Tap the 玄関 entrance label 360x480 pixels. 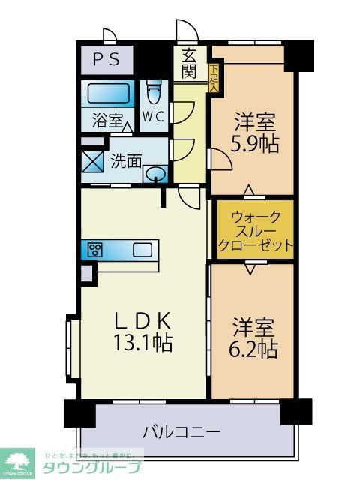[x=189, y=63]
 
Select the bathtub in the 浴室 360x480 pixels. [x=108, y=94]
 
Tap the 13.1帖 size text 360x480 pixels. [x=144, y=343]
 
